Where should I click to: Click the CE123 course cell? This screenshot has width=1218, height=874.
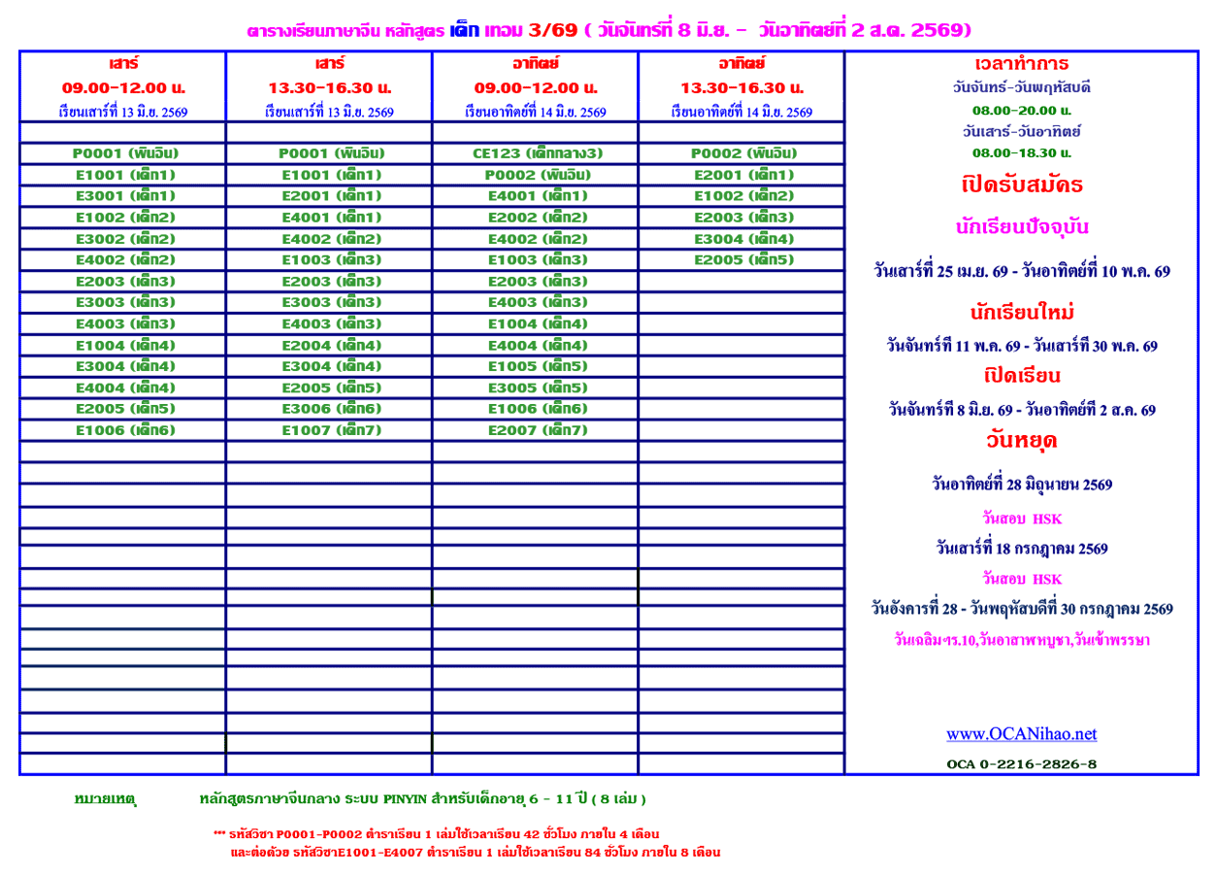[x=535, y=153]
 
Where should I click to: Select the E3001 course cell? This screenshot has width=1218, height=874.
[x=125, y=196]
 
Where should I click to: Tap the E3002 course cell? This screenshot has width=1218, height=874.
[x=125, y=239]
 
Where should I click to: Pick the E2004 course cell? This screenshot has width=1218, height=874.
[x=331, y=346]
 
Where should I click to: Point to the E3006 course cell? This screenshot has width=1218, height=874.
[x=331, y=409]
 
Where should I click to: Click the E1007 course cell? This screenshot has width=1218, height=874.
[x=331, y=430]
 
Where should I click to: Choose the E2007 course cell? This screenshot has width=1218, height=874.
[x=537, y=430]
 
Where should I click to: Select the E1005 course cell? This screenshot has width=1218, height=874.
[x=537, y=366]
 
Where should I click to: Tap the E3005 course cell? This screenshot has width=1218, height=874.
[x=537, y=388]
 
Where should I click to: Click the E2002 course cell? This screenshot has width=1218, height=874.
[x=537, y=218]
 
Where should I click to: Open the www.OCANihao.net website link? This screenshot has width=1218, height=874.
[x=1021, y=734]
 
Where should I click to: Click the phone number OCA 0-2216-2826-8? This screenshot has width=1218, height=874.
[x=1021, y=764]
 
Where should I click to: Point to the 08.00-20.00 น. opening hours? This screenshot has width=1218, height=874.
[x=1021, y=110]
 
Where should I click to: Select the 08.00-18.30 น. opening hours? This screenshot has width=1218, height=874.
[x=1021, y=152]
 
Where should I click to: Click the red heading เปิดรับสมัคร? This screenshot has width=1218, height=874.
[x=1022, y=185]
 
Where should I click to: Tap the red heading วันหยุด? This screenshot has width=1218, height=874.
[x=1021, y=441]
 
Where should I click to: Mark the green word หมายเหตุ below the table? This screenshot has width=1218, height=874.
[x=105, y=799]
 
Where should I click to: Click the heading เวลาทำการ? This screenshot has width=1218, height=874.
[x=1022, y=64]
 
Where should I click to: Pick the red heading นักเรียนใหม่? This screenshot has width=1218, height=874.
[x=1021, y=313]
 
